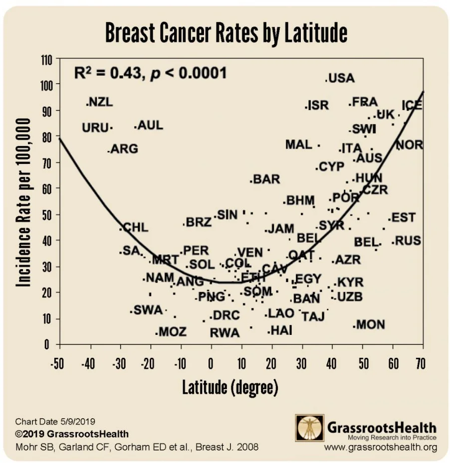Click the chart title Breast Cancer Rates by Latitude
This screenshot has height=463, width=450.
(225, 33)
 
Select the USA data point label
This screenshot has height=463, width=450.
(342, 78)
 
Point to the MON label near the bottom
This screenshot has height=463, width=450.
(371, 325)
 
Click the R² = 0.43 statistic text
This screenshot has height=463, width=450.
(150, 73)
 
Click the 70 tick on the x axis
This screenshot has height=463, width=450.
(420, 363)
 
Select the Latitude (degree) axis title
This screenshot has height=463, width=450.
(229, 387)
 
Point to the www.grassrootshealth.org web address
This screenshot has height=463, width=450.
(380, 447)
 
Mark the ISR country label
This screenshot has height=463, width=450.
(318, 106)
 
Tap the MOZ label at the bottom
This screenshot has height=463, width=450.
(172, 332)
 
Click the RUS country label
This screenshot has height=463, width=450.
(408, 241)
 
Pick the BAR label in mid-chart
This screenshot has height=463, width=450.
(266, 179)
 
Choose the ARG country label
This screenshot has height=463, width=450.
(124, 149)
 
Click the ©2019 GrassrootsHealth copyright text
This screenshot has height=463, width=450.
(72, 434)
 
